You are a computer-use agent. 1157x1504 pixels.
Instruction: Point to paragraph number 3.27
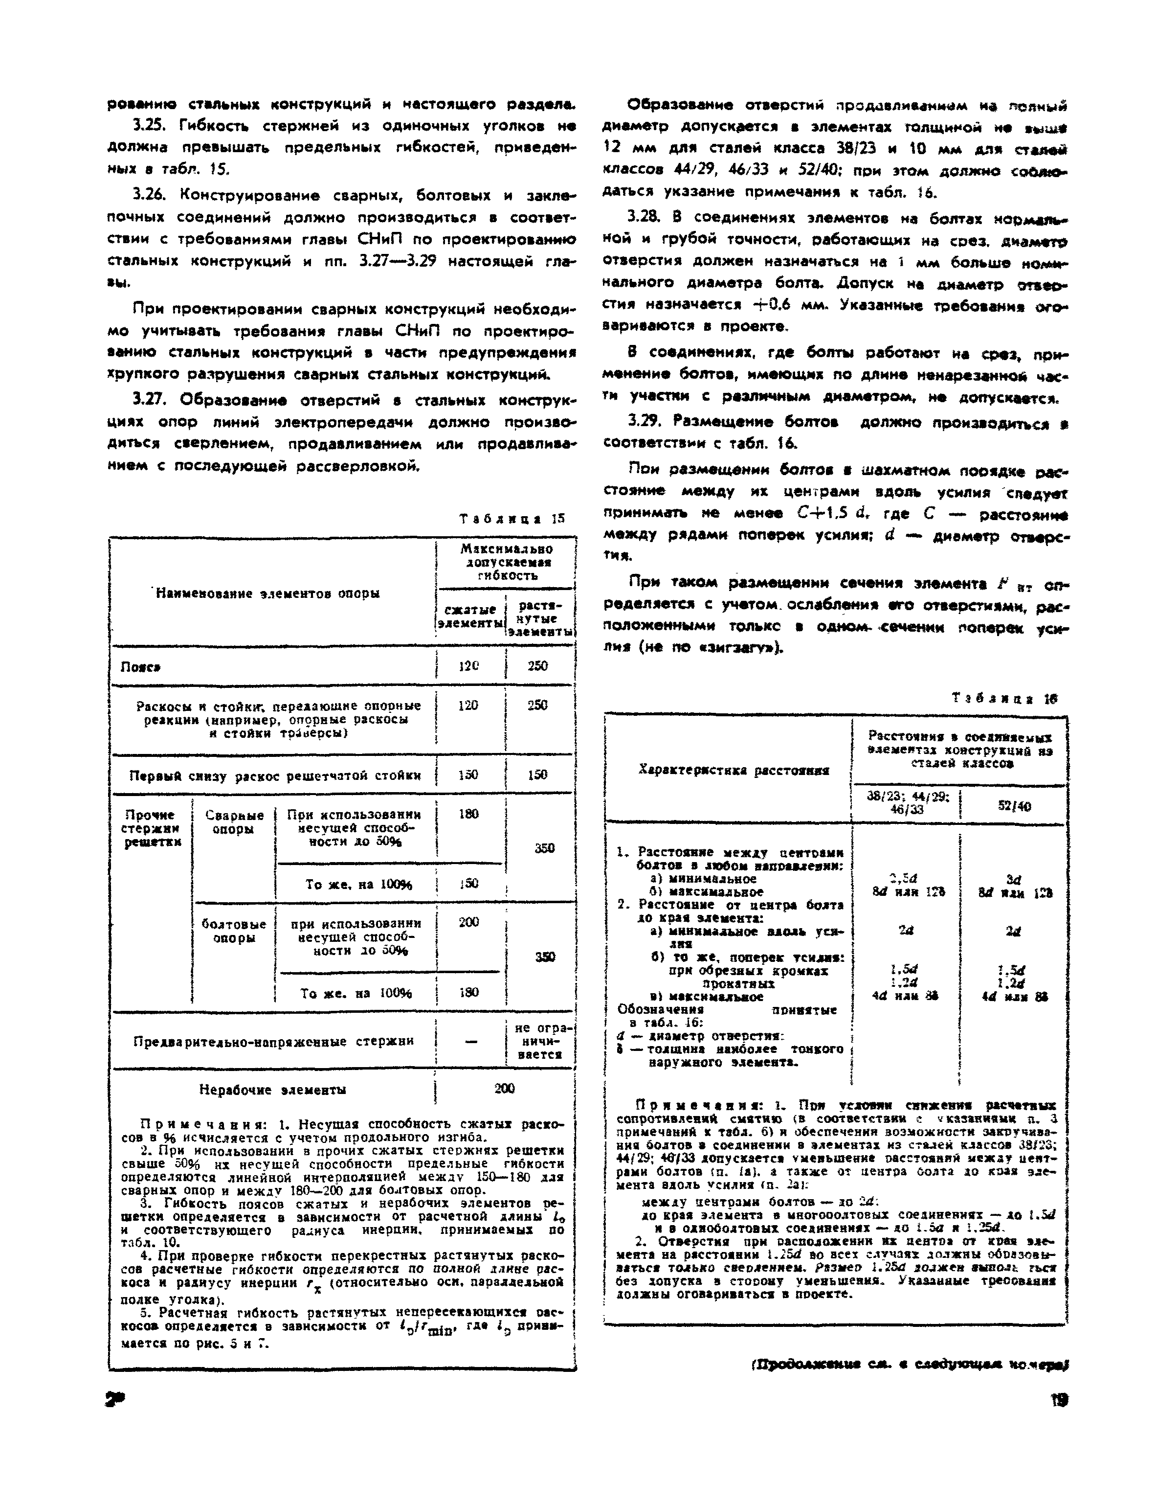(x=150, y=400)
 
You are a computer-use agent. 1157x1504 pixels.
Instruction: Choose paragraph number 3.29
(x=643, y=421)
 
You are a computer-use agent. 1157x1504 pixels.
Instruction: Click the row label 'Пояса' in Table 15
(x=141, y=666)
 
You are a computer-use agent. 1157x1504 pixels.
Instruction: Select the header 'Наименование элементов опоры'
(x=268, y=593)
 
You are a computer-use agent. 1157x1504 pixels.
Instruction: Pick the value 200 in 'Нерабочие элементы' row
(x=505, y=1089)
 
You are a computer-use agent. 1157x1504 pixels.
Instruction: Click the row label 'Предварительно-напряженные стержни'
(x=274, y=1041)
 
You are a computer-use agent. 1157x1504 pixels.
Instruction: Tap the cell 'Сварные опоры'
(x=234, y=821)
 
